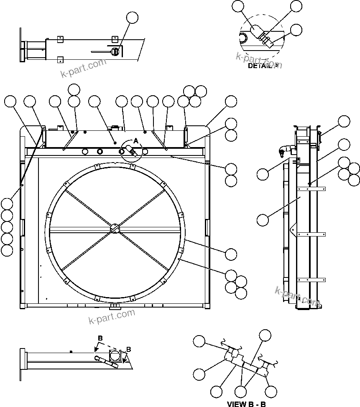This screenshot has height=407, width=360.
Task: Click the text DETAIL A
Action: tap(263, 66)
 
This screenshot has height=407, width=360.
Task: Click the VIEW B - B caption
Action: tap(246, 404)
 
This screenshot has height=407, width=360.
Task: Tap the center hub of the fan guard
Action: tap(115, 229)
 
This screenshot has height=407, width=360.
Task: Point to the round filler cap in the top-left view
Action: tap(115, 51)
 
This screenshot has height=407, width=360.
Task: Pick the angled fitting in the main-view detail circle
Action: tap(131, 153)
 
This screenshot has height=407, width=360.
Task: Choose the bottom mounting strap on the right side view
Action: tap(311, 279)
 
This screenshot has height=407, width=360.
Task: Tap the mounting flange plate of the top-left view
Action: tap(21, 45)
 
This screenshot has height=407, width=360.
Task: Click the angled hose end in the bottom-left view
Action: tap(114, 364)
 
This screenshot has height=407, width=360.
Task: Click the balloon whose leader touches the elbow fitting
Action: tap(263, 174)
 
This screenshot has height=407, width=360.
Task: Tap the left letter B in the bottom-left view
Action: tap(100, 338)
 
